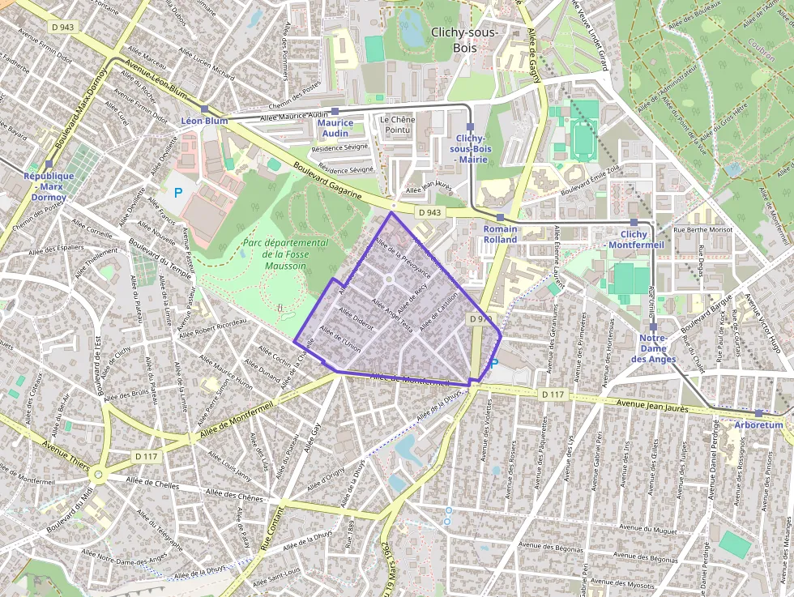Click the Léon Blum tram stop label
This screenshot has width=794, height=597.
pos(204,121)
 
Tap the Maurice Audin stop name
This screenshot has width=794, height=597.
pos(335,128)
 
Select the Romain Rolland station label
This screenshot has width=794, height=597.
pos(500,234)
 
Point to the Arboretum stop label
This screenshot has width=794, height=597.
pos(759,424)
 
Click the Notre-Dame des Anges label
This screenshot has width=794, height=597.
pos(653,348)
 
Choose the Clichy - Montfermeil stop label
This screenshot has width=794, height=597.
pos(636,239)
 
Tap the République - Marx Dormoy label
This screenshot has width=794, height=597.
pos(49,186)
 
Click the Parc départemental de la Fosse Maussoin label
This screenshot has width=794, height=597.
pos(284,254)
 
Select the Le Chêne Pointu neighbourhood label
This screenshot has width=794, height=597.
pos(397,125)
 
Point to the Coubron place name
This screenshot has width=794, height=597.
pos(762,45)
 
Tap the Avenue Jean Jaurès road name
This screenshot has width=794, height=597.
pos(651,407)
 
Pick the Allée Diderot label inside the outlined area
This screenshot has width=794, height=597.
pos(356,318)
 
